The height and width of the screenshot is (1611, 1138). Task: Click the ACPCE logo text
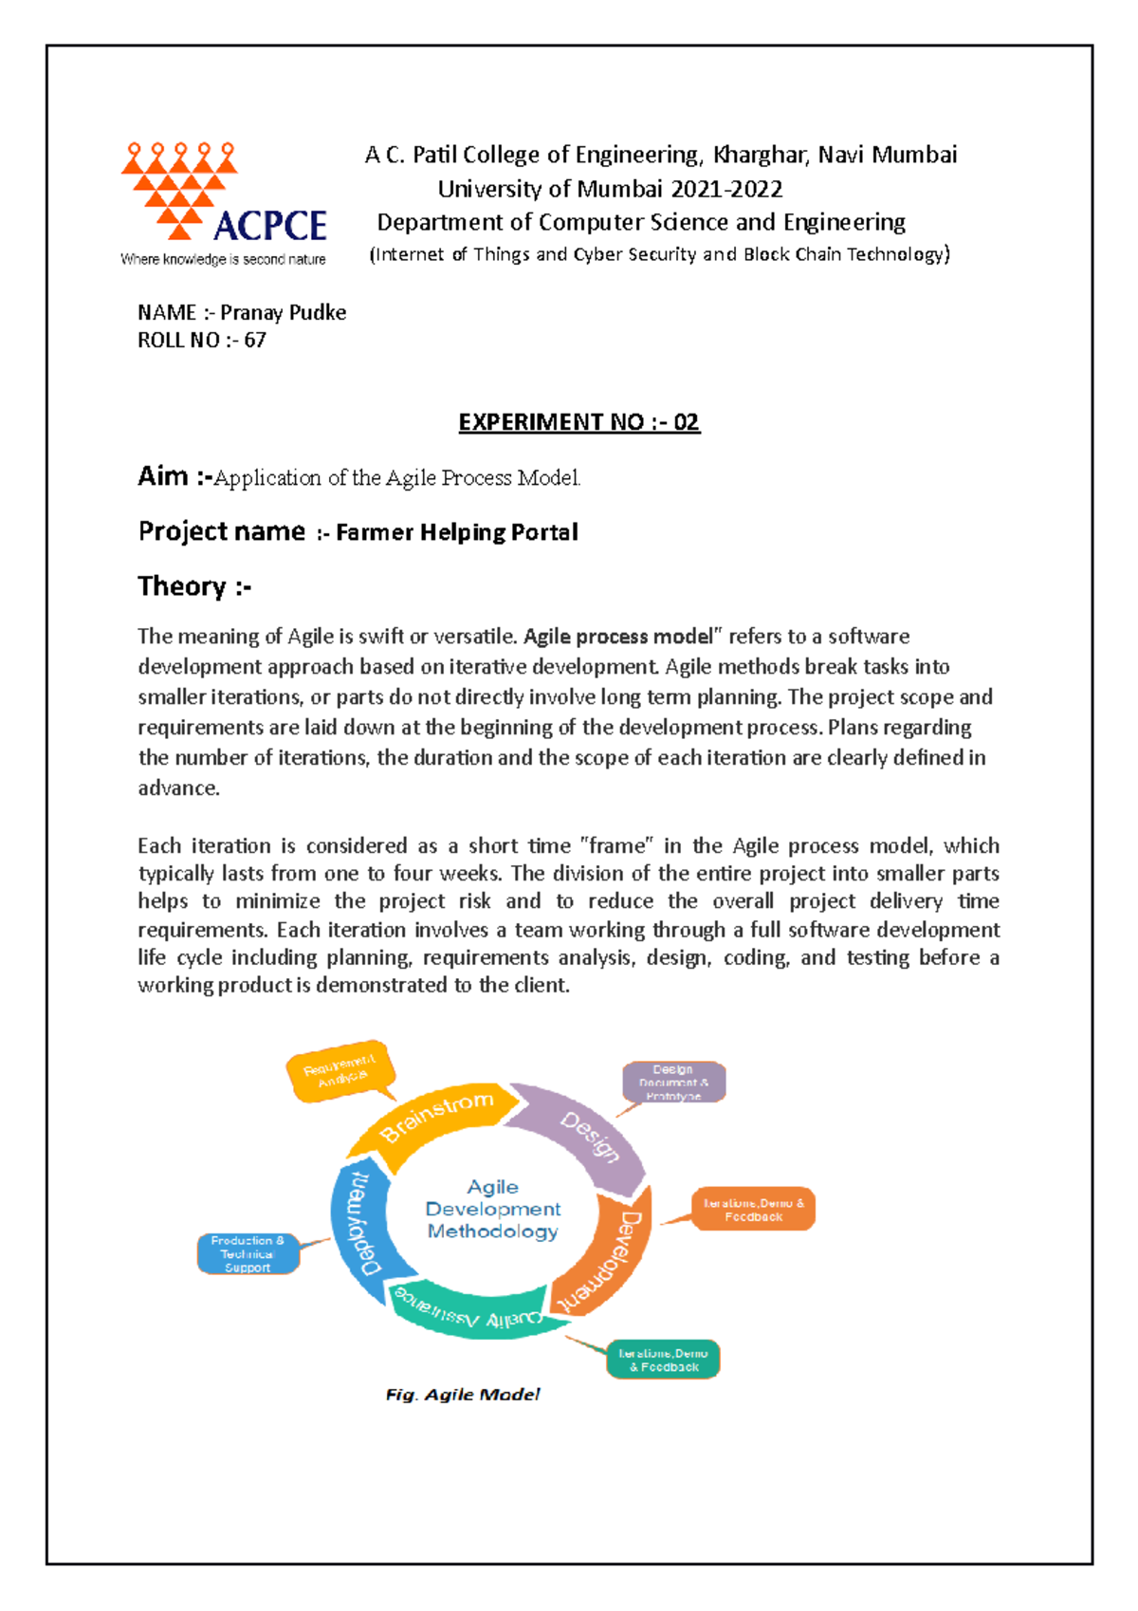(270, 226)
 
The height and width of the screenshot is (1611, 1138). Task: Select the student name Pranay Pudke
(283, 312)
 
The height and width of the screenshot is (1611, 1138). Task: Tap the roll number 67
(255, 340)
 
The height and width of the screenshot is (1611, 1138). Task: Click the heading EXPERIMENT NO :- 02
(578, 422)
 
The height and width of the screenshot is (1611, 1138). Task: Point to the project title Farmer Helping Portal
(456, 532)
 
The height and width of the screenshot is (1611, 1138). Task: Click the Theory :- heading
(194, 586)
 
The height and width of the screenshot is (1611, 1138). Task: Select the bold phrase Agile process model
(617, 637)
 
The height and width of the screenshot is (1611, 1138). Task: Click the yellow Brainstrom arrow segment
(436, 1116)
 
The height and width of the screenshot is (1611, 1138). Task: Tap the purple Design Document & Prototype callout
(673, 1082)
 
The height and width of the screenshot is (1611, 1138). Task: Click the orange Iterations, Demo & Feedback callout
(753, 1209)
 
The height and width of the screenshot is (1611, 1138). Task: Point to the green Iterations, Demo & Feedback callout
(663, 1360)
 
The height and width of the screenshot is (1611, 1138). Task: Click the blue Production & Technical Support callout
(248, 1253)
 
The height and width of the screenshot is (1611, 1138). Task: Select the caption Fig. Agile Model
(462, 1394)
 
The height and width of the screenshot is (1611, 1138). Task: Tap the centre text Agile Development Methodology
(493, 1209)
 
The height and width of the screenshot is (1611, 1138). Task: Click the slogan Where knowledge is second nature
(223, 259)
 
